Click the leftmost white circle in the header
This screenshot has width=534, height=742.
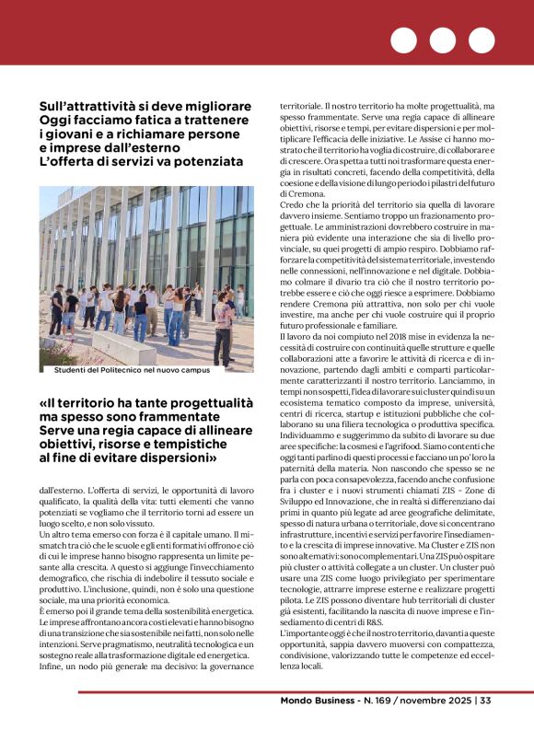403,41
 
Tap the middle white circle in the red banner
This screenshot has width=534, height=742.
443,41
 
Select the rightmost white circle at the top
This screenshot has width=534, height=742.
482,41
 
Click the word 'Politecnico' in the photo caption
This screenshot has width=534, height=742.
125,370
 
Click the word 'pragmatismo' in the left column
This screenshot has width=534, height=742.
119,619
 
